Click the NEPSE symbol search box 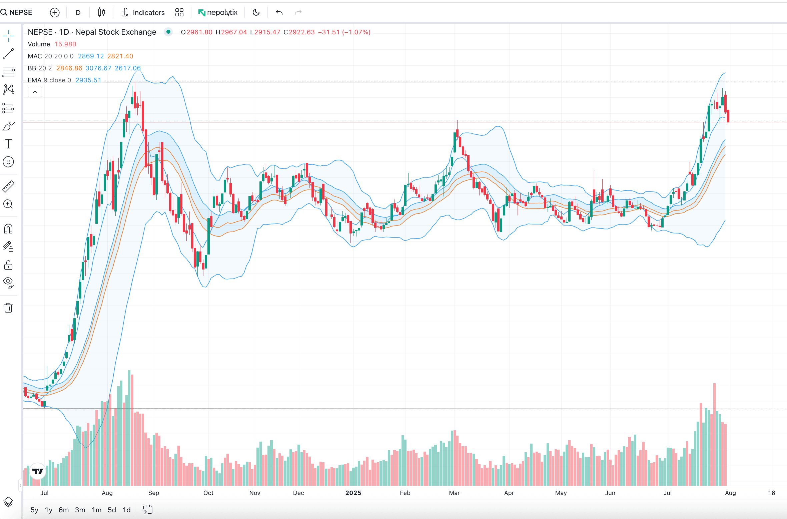(x=17, y=12)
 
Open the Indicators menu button (x=143, y=12)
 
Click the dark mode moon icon (x=256, y=12)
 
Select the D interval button (x=78, y=12)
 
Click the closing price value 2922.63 (x=301, y=32)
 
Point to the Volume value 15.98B (x=65, y=44)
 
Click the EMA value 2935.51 (x=88, y=80)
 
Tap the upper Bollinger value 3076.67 (x=98, y=68)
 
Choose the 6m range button (x=63, y=510)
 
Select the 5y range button (x=34, y=510)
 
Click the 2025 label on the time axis (x=353, y=493)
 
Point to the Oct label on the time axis (x=208, y=493)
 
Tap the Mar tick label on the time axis (x=454, y=493)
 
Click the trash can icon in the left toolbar (x=8, y=308)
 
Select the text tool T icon (x=8, y=144)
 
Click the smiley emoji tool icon (x=8, y=162)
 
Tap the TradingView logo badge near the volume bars (x=38, y=471)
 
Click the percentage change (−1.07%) (x=356, y=32)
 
